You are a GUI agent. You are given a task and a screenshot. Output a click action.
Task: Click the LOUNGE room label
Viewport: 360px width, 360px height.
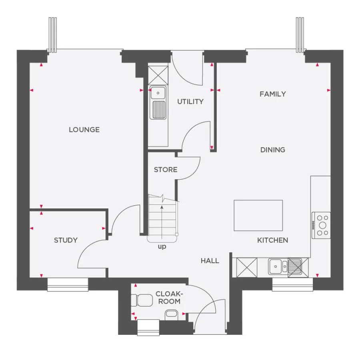click(x=84, y=130)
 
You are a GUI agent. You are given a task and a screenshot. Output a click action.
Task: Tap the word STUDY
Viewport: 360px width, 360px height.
click(x=66, y=240)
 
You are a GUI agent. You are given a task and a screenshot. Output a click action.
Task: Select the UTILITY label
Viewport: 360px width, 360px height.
click(x=190, y=102)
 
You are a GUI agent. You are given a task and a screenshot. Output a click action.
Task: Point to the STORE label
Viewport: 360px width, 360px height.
click(x=166, y=170)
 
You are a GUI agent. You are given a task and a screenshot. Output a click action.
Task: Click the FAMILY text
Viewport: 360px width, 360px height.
click(x=273, y=94)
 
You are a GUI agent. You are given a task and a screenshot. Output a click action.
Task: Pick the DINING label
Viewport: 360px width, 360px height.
click(x=273, y=150)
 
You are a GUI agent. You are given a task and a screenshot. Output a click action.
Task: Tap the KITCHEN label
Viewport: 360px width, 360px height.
click(x=272, y=240)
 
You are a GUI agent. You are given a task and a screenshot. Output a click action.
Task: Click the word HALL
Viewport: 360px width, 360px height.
click(x=210, y=261)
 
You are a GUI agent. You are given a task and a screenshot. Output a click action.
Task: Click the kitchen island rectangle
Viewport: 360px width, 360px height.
click(x=258, y=215)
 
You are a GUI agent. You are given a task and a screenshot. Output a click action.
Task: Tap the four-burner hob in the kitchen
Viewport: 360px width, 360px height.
click(x=321, y=225)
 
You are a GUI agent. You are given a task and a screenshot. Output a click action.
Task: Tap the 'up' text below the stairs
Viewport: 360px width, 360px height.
click(x=162, y=247)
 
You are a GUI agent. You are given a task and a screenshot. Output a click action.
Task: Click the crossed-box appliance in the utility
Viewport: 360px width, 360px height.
click(x=158, y=75)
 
